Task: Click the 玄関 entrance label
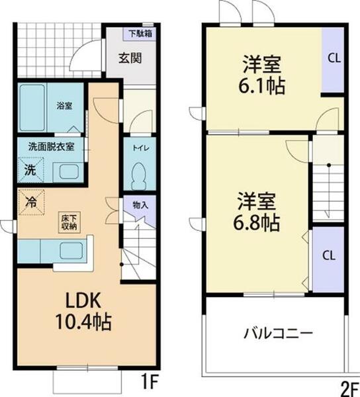pos(130,57)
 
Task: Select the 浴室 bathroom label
pos(64,105)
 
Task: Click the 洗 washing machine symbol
pos(30,169)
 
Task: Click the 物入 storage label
pos(140,204)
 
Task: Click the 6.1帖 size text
pos(263,86)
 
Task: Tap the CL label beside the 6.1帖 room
pos(334,58)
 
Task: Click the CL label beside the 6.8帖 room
pos(328,255)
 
